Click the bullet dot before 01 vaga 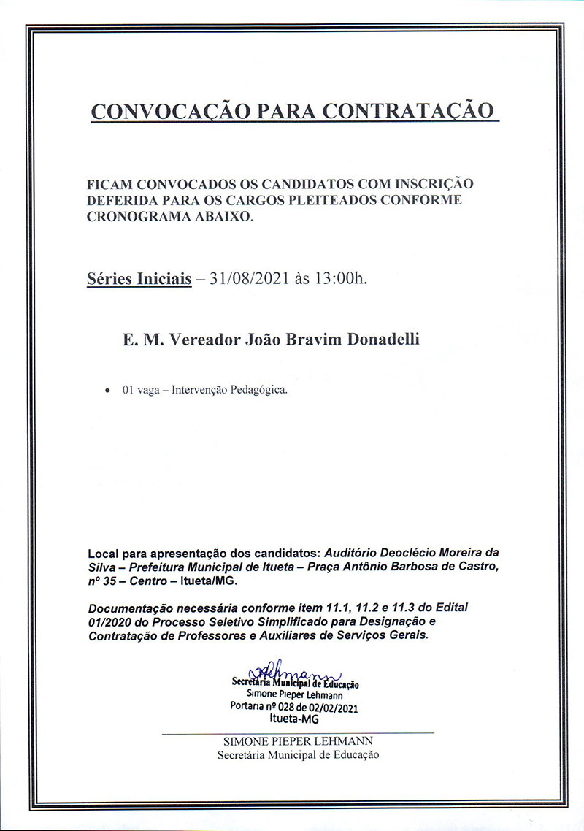[x=108, y=391]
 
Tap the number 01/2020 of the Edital [x=109, y=622]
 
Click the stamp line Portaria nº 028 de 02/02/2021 [x=294, y=708]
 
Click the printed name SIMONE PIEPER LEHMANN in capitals [x=297, y=742]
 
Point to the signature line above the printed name [x=297, y=732]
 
